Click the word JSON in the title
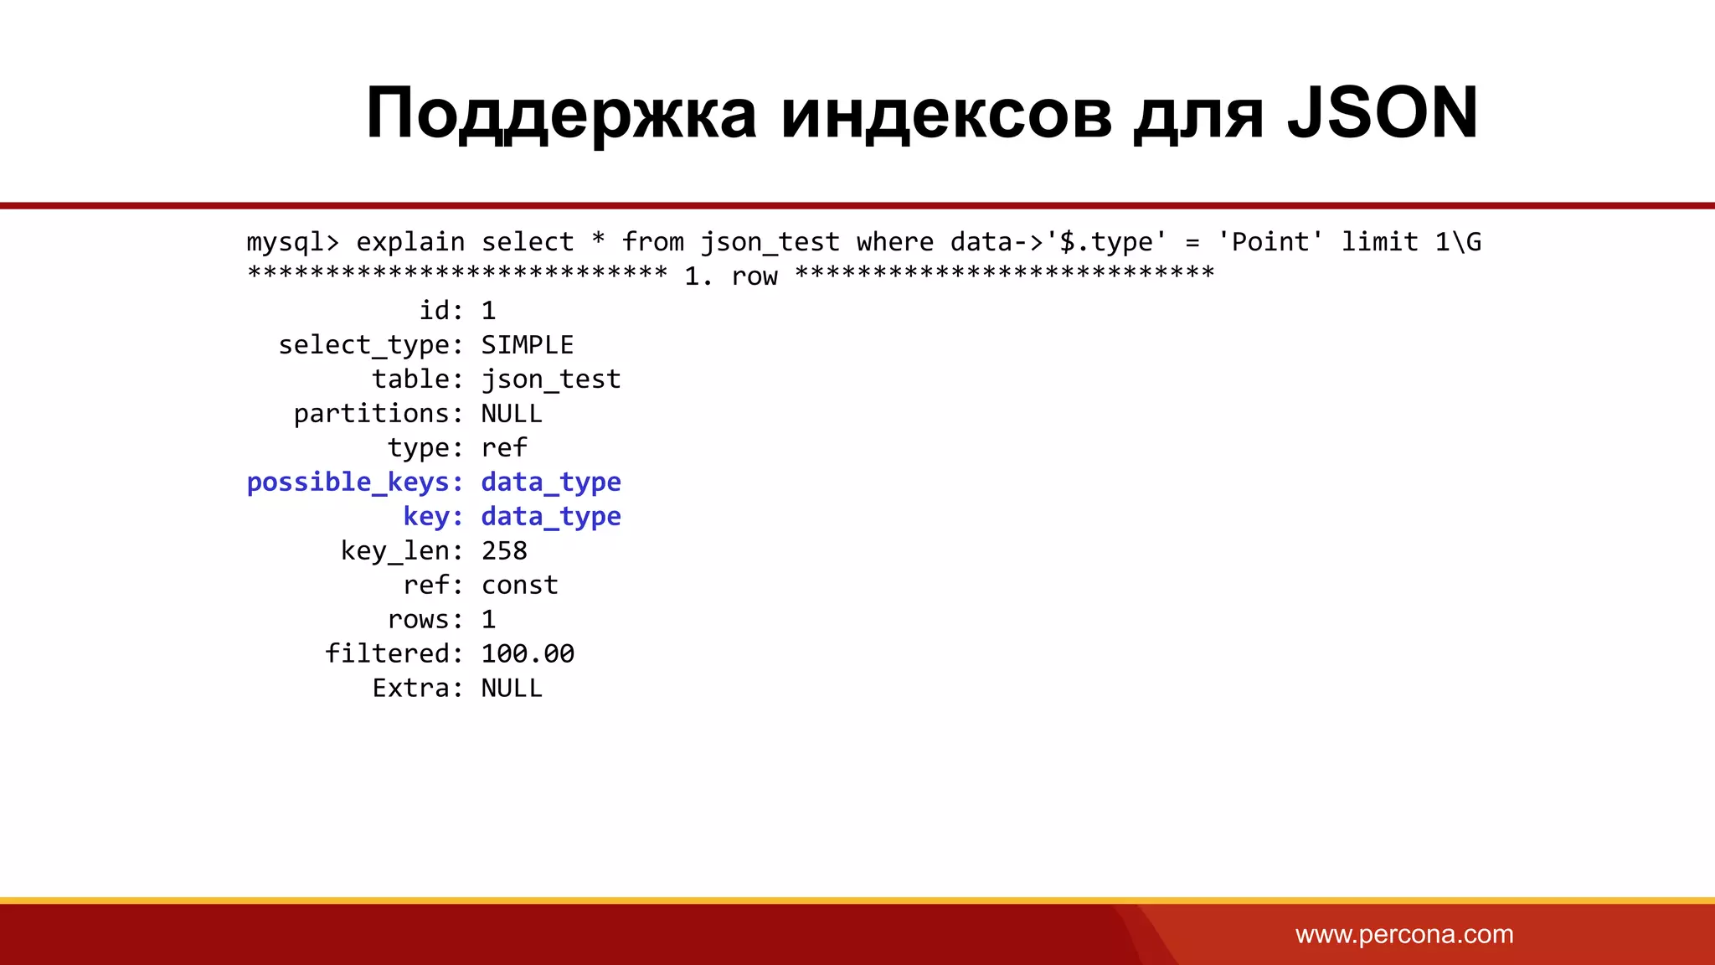pyautogui.click(x=1383, y=113)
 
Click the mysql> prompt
pyautogui.click(x=293, y=242)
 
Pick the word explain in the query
pyautogui.click(x=410, y=242)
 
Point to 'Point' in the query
pyautogui.click(x=1270, y=242)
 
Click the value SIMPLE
pyautogui.click(x=527, y=345)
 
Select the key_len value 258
pyautogui.click(x=504, y=551)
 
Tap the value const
pyautogui.click(x=519, y=586)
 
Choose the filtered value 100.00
pyautogui.click(x=528, y=654)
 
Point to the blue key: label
pyautogui.click(x=433, y=517)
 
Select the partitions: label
pyautogui.click(x=378, y=414)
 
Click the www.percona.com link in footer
pyautogui.click(x=1404, y=934)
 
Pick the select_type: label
pyautogui.click(x=370, y=345)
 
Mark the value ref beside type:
pyautogui.click(x=504, y=448)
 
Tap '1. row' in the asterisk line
pyautogui.click(x=731, y=276)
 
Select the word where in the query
pyautogui.click(x=894, y=242)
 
